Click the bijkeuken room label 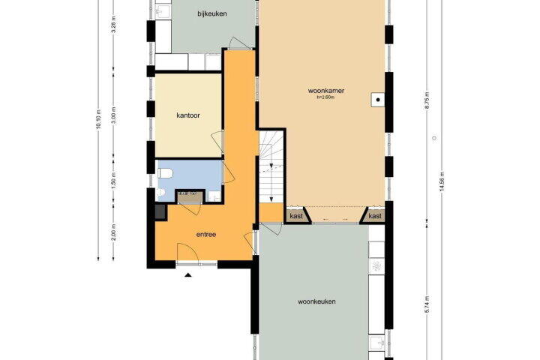coord(211,13)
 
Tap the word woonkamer coord(325,91)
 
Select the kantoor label coord(188,115)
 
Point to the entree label coord(206,235)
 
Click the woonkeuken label coord(316,301)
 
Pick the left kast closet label coord(296,216)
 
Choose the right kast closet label coord(375,216)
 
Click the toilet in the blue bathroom coord(165,173)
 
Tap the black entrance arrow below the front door coord(188,275)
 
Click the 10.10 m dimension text coord(98,119)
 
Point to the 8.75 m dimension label coord(427,101)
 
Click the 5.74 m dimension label coord(427,304)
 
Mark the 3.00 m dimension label coord(114,115)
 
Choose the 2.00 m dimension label coord(114,232)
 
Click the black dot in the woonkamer coord(378,100)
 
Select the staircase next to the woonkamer coord(271,167)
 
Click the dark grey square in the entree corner coord(160,211)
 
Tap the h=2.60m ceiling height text coord(325,97)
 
